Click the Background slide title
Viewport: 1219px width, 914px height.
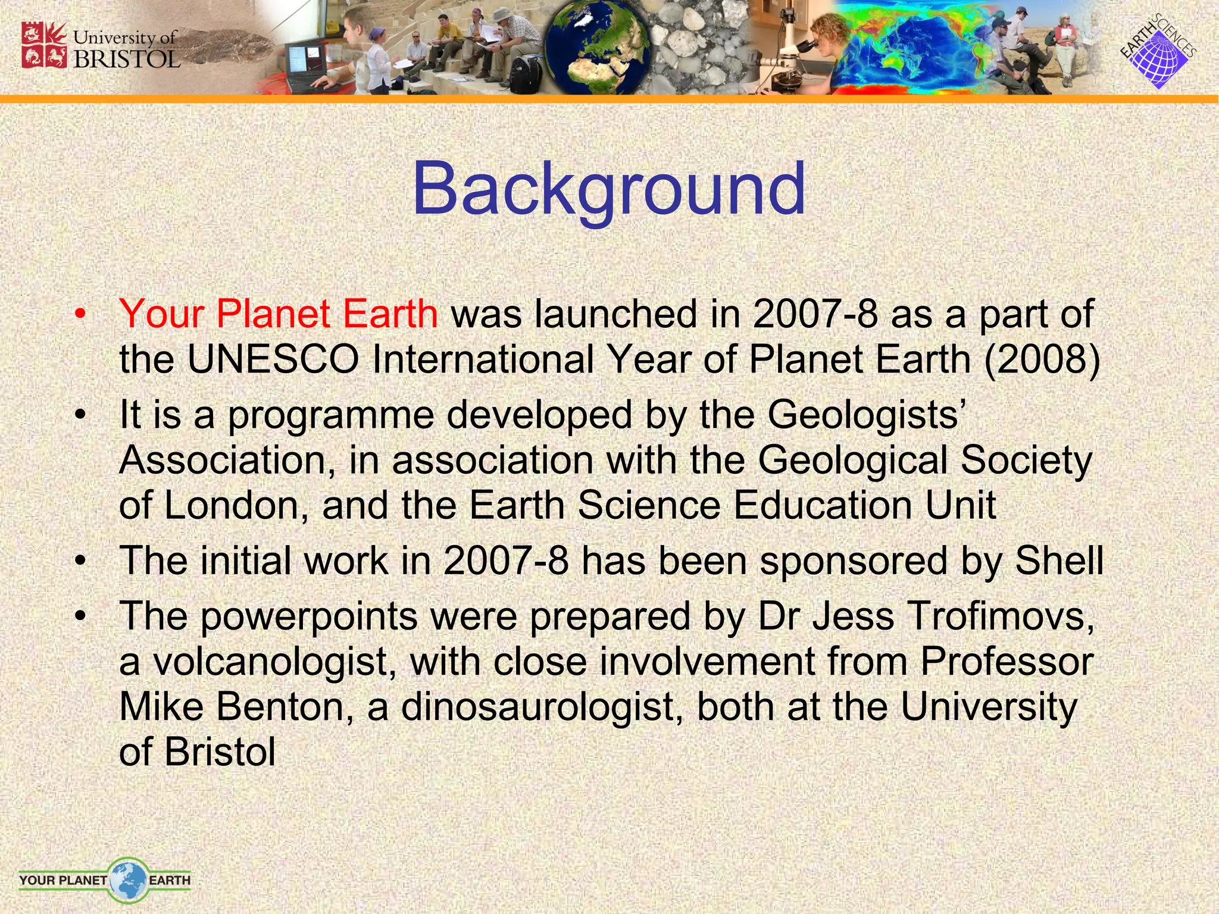pos(608,189)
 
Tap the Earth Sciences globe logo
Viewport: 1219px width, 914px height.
pos(1158,54)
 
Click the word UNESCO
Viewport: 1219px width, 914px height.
pos(273,360)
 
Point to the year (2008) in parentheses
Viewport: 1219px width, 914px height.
pos(1042,360)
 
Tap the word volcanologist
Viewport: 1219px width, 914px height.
pos(274,662)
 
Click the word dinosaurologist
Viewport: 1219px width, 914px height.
pos(542,707)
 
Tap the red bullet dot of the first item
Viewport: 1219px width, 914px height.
pos(81,315)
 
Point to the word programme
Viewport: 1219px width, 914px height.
pos(331,415)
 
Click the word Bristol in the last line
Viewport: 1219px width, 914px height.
pos(220,752)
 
